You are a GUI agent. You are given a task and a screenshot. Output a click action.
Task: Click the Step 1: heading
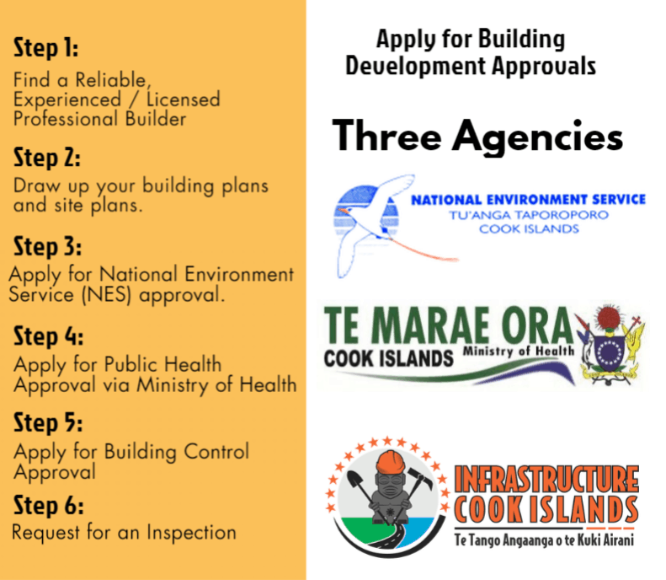(45, 47)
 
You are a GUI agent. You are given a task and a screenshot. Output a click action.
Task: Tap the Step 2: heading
(46, 158)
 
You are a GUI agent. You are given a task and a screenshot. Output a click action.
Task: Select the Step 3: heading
(47, 246)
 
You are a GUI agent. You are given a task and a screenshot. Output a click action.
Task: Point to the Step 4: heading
(49, 336)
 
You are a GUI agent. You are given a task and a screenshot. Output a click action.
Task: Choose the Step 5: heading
(48, 422)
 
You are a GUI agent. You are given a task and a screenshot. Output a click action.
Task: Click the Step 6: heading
(49, 505)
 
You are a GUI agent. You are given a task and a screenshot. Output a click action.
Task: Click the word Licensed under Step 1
(183, 99)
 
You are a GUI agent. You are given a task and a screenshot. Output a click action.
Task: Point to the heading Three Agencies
(477, 136)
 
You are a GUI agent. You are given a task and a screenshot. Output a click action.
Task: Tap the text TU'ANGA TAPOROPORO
(529, 215)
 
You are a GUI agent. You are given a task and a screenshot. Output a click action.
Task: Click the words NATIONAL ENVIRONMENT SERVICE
(529, 200)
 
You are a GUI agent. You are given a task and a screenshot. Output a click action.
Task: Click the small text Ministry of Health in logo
(519, 351)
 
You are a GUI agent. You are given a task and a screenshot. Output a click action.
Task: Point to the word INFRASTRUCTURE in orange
(546, 479)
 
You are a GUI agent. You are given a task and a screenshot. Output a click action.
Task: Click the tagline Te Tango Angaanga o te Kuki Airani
(544, 540)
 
